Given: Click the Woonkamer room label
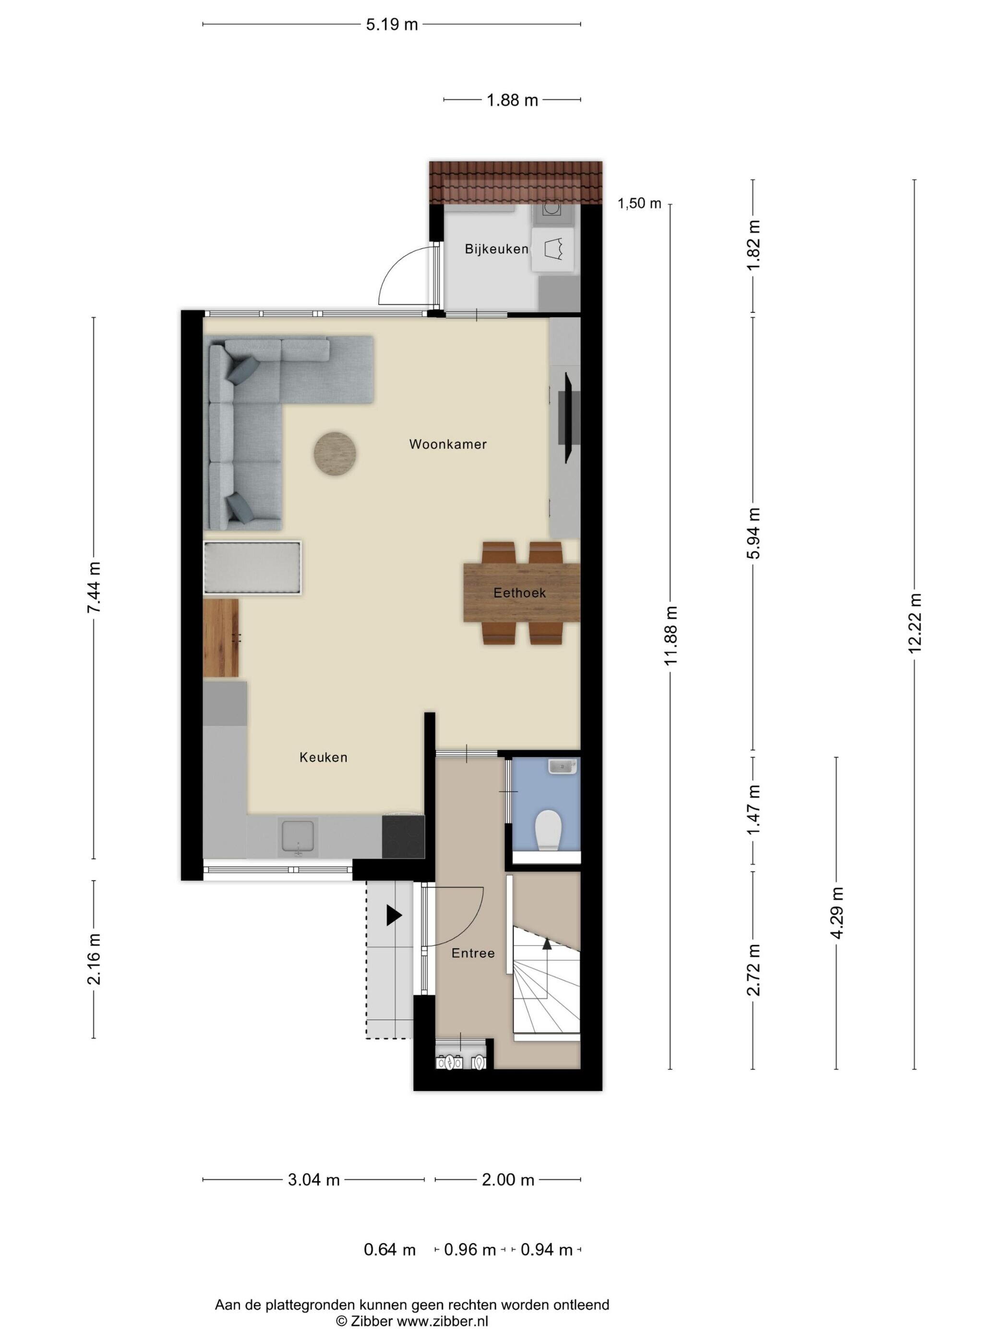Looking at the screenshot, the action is tap(448, 444).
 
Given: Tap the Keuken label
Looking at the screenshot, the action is tap(323, 757).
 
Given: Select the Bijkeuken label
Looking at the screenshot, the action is tap(496, 249).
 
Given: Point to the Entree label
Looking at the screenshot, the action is tap(473, 953).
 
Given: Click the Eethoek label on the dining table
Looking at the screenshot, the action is tap(519, 592).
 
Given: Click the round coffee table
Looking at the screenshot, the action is tap(335, 453).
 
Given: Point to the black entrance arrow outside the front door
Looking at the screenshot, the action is tap(394, 915).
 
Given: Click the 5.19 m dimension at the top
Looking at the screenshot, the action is tap(392, 24).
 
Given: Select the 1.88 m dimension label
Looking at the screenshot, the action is tap(512, 100).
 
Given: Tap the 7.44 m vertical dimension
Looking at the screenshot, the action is tap(94, 588).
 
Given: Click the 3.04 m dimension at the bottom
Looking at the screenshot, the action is tap(313, 1180).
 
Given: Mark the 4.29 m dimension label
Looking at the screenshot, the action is tap(837, 912).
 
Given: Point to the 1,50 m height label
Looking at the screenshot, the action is tap(639, 203).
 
